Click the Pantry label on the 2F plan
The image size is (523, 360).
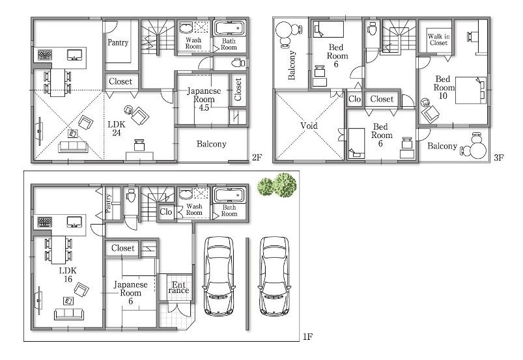coord(118,43)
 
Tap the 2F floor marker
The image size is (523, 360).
coord(257,158)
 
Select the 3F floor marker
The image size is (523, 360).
coord(498,158)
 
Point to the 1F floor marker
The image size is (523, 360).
coord(307,337)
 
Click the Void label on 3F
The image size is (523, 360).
coord(308,126)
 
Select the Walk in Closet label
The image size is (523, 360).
coord(438,40)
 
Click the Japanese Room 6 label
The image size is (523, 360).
coord(132,293)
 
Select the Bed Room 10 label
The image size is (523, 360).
coord(444,87)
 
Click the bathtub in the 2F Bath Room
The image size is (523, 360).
coord(229,29)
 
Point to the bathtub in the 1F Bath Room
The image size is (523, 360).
coord(229,195)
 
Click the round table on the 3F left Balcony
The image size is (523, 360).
coord(285,32)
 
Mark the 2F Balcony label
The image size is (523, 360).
coord(212,144)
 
